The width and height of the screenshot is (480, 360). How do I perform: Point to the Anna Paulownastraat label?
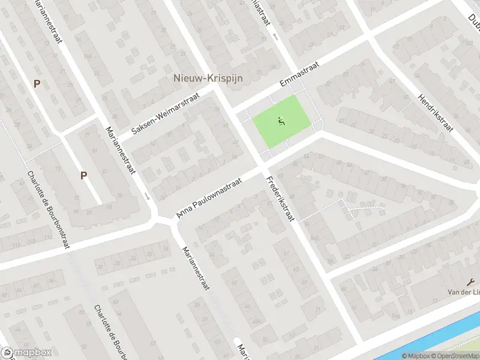point(209,197)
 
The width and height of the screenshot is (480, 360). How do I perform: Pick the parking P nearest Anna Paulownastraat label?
point(84,175)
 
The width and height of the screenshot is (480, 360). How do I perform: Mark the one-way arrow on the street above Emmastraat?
point(275,37)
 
